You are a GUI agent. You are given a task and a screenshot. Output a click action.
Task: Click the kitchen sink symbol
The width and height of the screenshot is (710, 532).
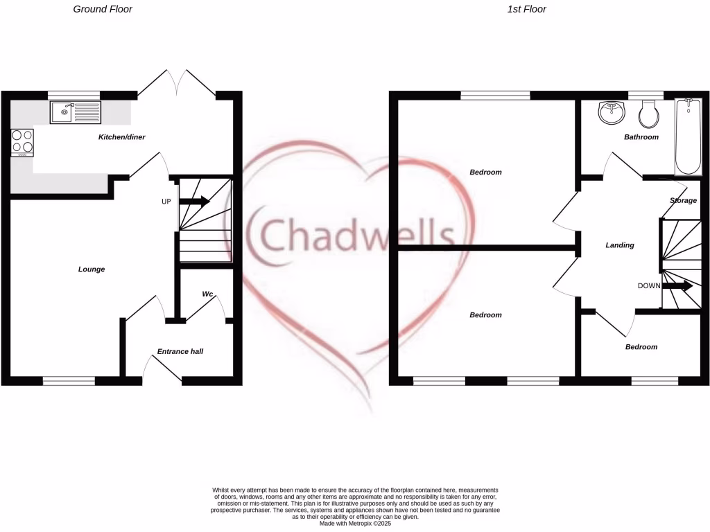pos(75,112)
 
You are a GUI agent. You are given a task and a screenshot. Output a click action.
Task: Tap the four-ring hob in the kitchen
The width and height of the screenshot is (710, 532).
pos(22,142)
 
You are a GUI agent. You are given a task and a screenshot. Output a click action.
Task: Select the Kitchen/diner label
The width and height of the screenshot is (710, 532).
pos(121,137)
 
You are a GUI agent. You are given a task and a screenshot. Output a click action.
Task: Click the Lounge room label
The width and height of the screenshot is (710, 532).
pos(92,269)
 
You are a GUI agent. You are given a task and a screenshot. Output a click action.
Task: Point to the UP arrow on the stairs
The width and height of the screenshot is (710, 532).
pos(195,202)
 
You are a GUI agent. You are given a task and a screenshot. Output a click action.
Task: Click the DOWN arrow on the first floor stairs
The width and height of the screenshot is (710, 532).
pos(677,285)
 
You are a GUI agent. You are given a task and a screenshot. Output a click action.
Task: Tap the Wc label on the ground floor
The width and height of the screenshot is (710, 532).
pos(207,294)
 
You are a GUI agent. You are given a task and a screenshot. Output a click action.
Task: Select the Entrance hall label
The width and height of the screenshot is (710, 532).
pos(180,351)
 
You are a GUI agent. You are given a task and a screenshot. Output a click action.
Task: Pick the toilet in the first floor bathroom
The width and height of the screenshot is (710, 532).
pos(649,114)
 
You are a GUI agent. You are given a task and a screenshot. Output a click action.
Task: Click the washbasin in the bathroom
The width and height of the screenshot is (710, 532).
pos(612,112)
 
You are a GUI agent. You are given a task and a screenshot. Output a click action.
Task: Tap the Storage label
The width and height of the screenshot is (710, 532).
pos(683,200)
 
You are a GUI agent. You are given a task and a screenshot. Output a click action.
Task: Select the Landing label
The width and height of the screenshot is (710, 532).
pos(620,245)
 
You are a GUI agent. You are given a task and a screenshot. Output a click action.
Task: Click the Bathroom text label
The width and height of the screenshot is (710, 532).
pos(641,137)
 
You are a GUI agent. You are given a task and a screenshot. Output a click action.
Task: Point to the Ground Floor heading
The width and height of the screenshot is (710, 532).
pos(103,10)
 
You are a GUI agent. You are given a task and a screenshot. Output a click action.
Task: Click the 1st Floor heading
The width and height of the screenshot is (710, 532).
pos(526,10)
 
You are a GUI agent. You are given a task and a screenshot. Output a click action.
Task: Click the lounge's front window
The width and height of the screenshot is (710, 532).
pos(69,380)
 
